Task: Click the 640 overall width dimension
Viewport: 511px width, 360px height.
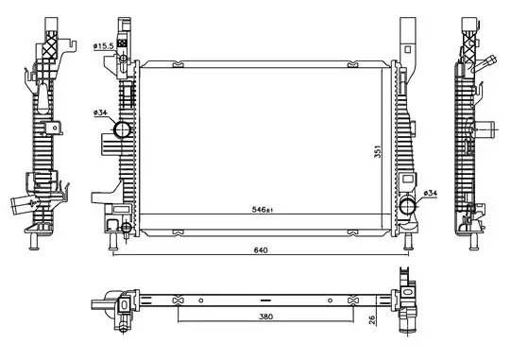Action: pyautogui.click(x=261, y=250)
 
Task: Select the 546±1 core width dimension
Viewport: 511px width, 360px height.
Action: pyautogui.click(x=262, y=210)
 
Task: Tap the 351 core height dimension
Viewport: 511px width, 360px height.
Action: pyautogui.click(x=378, y=151)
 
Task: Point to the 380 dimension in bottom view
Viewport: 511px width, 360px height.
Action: pyautogui.click(x=266, y=317)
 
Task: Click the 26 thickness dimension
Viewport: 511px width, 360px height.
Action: pyautogui.click(x=372, y=319)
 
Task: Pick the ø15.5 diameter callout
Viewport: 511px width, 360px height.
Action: pyautogui.click(x=103, y=46)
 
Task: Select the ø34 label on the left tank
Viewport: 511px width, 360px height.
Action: pyautogui.click(x=100, y=112)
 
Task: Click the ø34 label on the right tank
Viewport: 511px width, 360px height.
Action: pyautogui.click(x=430, y=193)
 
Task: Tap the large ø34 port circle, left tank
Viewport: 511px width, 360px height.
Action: pyautogui.click(x=122, y=129)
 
